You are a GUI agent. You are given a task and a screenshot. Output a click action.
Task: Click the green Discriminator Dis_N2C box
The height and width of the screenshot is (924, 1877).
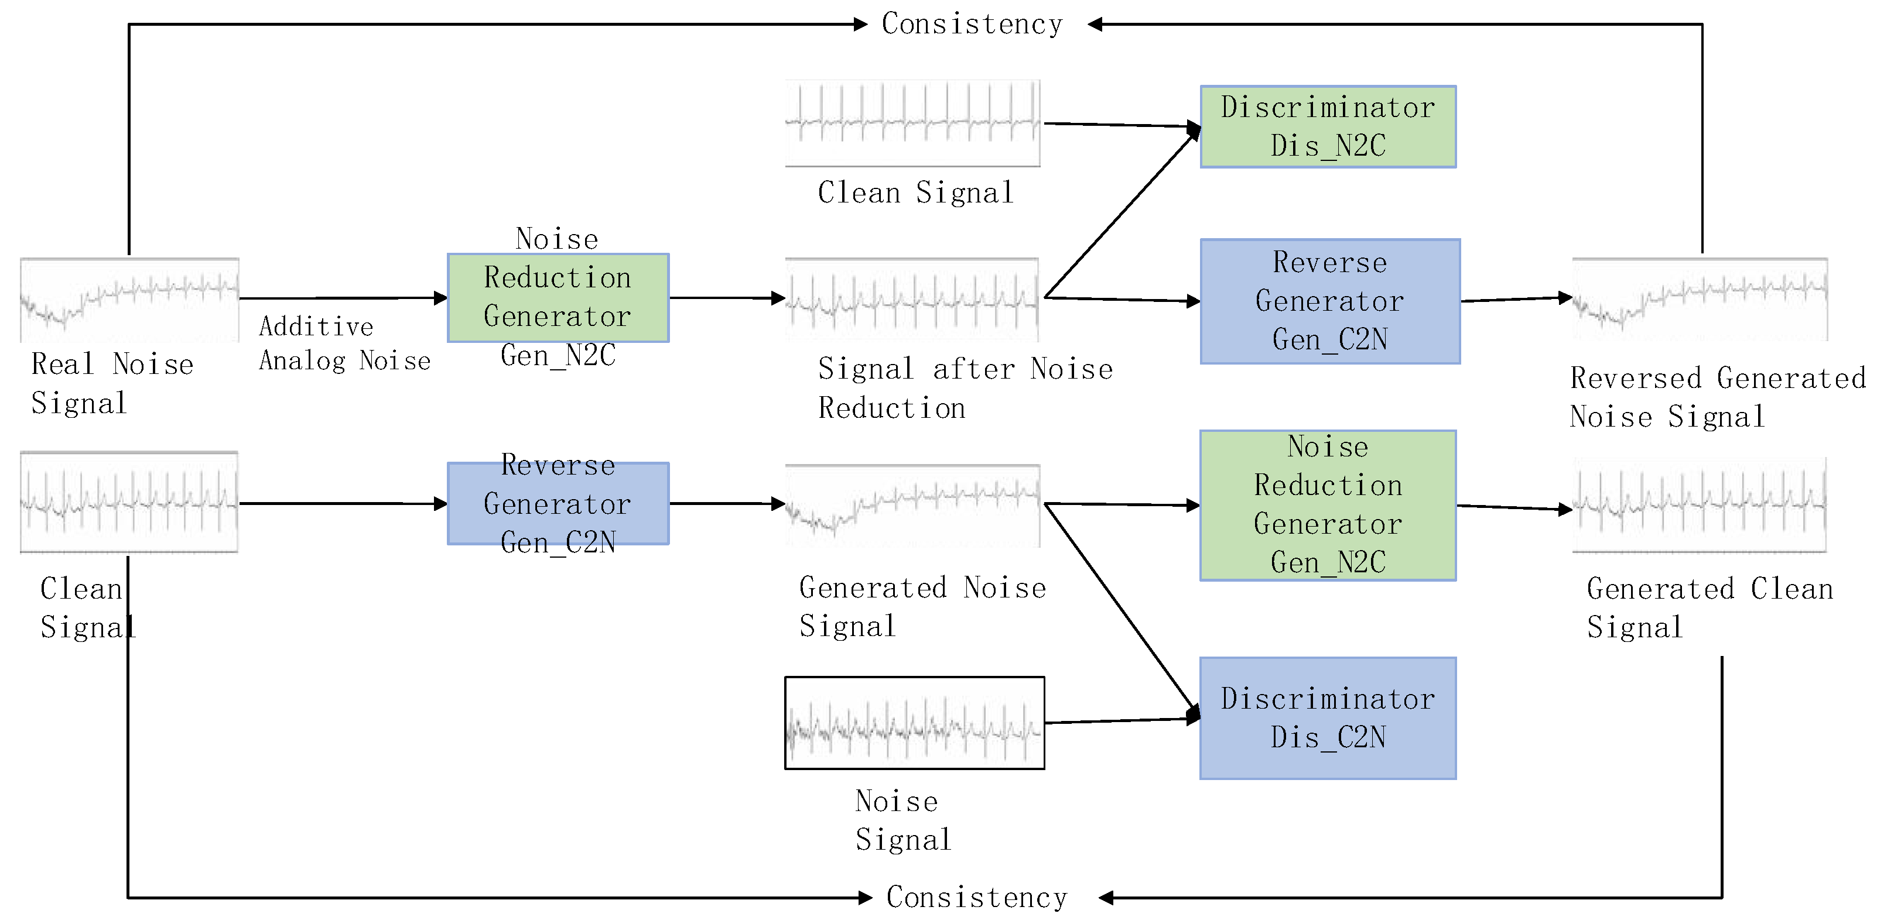coord(1328,127)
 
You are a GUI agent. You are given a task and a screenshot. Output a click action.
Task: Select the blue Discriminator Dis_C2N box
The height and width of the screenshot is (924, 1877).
coord(1328,718)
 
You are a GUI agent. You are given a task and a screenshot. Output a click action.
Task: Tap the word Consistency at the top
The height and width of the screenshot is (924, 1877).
coord(972,24)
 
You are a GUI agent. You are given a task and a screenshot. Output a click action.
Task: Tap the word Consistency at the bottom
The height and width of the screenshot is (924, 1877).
coord(976,897)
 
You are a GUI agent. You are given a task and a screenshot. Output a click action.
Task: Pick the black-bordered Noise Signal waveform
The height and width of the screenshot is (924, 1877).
coord(914,723)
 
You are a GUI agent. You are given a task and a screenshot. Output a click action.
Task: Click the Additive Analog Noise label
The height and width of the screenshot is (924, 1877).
coord(344,344)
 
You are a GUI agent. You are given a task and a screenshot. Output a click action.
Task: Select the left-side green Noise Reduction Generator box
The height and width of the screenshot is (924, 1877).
coord(558,298)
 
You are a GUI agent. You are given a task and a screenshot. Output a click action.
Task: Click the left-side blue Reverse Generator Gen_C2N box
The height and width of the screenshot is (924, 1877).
coord(558,504)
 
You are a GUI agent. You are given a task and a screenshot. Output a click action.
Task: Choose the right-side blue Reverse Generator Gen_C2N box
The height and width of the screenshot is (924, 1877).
coord(1330,301)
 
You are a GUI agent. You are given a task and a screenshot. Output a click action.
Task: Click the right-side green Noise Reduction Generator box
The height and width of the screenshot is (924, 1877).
coord(1328,506)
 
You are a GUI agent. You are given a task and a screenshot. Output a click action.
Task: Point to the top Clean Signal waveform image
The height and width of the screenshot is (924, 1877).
coord(912,123)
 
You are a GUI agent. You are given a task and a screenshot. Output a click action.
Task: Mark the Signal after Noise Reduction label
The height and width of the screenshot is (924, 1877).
coord(965,388)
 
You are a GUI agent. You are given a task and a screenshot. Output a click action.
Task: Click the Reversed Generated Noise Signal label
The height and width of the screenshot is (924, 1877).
coord(1716,397)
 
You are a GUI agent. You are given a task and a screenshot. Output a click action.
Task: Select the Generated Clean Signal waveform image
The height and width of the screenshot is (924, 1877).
coord(1699,504)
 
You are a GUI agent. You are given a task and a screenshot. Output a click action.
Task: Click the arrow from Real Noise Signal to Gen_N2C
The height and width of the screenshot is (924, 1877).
coord(343,298)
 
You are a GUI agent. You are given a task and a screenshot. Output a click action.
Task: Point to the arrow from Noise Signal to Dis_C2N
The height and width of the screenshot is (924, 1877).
coord(1122,720)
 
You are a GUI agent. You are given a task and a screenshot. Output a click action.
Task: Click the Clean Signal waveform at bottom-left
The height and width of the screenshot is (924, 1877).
coord(129,503)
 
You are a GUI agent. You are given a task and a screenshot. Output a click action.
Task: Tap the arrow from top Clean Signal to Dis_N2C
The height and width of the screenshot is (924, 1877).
coord(1122,125)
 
